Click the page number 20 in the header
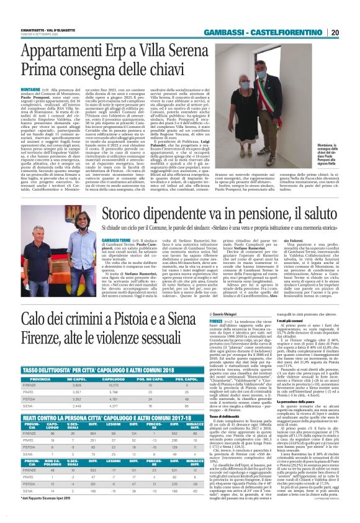[x=351, y=32]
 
